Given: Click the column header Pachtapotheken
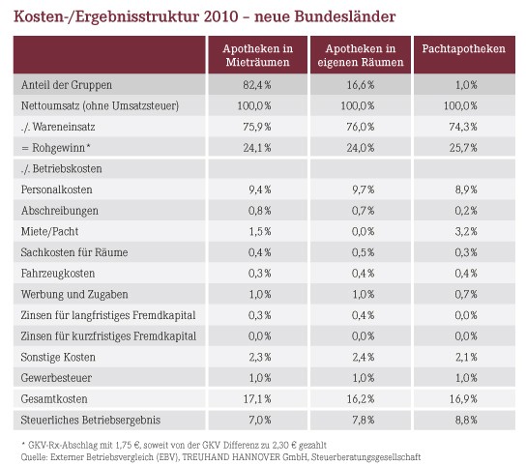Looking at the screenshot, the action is [463, 49].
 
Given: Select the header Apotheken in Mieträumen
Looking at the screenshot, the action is [257, 55].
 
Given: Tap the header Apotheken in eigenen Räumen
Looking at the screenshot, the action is [361, 55].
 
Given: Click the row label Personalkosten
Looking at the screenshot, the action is [56, 189].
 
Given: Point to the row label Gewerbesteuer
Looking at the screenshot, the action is [56, 378].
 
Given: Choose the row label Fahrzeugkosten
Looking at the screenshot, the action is [58, 274].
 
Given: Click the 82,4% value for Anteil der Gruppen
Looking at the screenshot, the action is [257, 85].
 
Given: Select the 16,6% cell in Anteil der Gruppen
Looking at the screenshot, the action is [361, 85].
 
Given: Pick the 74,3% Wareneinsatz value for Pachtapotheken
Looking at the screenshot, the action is [463, 127].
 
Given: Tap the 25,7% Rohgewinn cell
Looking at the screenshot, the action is [463, 148].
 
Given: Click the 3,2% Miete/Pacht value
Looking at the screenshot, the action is [466, 231].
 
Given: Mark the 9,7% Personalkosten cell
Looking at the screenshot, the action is [363, 189].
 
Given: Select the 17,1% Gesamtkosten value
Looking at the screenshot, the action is [257, 399].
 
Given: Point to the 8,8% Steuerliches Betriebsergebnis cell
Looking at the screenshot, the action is [466, 420].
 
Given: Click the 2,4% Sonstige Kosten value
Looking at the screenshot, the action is [363, 357].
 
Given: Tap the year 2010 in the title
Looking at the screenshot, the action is [220, 16].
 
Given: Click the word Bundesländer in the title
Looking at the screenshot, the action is [345, 16].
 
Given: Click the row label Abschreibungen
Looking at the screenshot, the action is [60, 211].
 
